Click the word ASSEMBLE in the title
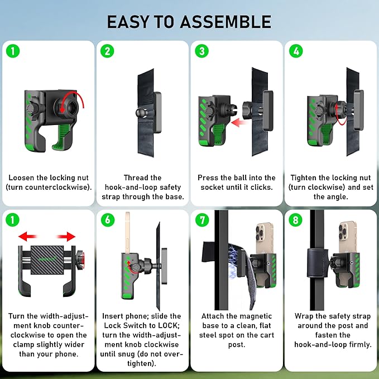pos(226,22)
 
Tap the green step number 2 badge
pos(107,51)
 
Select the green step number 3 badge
pos(202,51)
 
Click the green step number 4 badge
pos(296,51)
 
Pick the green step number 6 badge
pos(108,220)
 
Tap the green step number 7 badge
pos(202,220)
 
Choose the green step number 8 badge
pos(295,220)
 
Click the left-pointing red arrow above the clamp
pos(27,237)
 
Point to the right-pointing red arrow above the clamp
pos(66,237)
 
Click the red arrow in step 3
pos(239,122)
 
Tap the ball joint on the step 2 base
pos(141,112)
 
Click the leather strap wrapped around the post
pos(318,263)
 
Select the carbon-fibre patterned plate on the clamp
pos(47,260)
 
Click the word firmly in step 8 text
pos(360,344)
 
